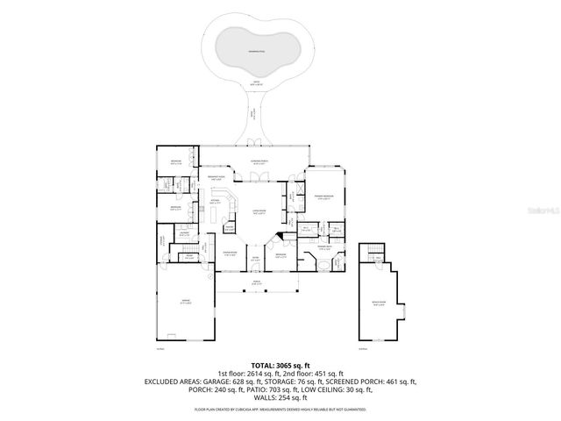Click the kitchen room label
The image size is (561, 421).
coord(214,201)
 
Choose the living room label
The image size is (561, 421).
coord(259,211)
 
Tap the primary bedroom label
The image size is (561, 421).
coord(323,197)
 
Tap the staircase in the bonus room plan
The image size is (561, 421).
coord(374,255)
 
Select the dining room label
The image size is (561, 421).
coord(230,254)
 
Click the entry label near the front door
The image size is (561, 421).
coord(255,259)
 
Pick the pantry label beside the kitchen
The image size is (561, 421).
coord(229,227)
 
